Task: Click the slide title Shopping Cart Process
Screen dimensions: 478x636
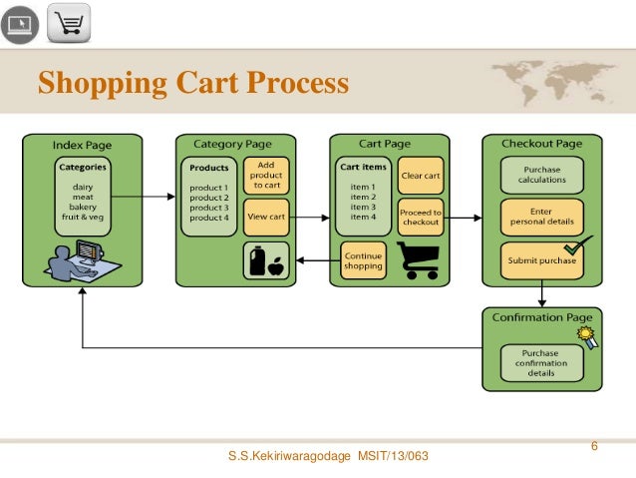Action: (x=193, y=83)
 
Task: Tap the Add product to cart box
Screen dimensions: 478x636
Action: (x=266, y=175)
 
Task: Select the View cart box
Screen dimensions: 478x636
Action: (x=266, y=217)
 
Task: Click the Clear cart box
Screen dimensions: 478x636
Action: (x=421, y=176)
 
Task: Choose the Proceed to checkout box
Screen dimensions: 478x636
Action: (x=421, y=217)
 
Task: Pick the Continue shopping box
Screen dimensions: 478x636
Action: (x=362, y=259)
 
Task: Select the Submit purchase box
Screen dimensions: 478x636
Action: (x=541, y=259)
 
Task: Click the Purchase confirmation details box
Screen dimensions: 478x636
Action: (x=542, y=363)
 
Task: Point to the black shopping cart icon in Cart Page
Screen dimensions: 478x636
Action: (x=421, y=260)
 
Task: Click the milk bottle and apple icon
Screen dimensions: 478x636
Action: (x=266, y=260)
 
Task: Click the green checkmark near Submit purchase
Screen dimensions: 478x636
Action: (x=574, y=245)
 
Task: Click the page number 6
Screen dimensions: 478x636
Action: (x=594, y=445)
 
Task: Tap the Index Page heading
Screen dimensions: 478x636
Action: (x=82, y=145)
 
